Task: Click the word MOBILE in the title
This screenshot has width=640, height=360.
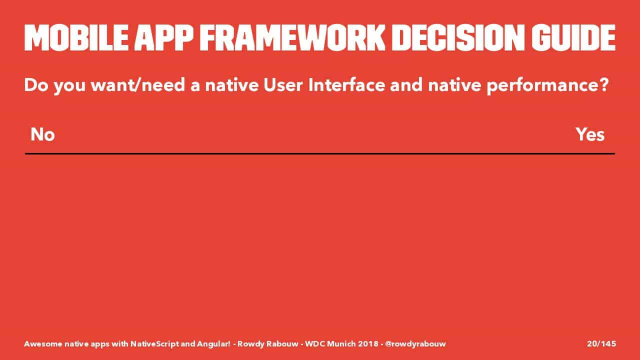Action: [x=76, y=37]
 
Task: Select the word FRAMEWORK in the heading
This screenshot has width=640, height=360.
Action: [x=292, y=37]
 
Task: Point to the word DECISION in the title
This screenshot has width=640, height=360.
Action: [x=458, y=37]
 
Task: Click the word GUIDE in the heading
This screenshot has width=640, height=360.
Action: [x=573, y=37]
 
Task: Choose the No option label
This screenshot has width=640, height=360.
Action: [x=42, y=134]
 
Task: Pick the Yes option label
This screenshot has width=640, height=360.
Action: [x=590, y=134]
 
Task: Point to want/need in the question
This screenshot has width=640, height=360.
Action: [x=137, y=85]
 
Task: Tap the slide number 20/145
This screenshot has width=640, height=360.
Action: [x=601, y=343]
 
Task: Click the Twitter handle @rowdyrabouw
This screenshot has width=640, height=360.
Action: [x=415, y=343]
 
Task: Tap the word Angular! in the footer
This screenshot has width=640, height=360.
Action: [x=213, y=343]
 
